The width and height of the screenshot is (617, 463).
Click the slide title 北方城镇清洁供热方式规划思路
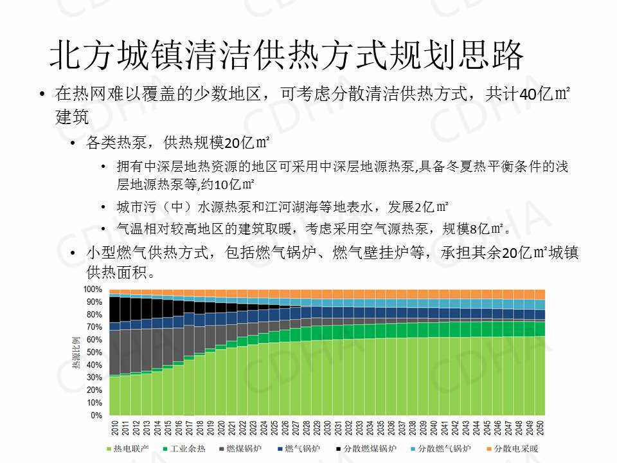point(287,56)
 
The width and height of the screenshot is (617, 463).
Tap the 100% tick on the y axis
point(93,289)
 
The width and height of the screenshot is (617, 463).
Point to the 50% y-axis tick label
point(94,352)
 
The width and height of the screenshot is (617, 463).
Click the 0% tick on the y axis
point(96,415)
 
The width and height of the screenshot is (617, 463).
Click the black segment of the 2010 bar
point(115,309)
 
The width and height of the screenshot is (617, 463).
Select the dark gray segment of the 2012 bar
point(136,350)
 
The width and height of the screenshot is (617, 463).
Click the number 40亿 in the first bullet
point(535,95)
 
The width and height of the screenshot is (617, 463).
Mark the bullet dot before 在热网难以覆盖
point(42,95)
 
